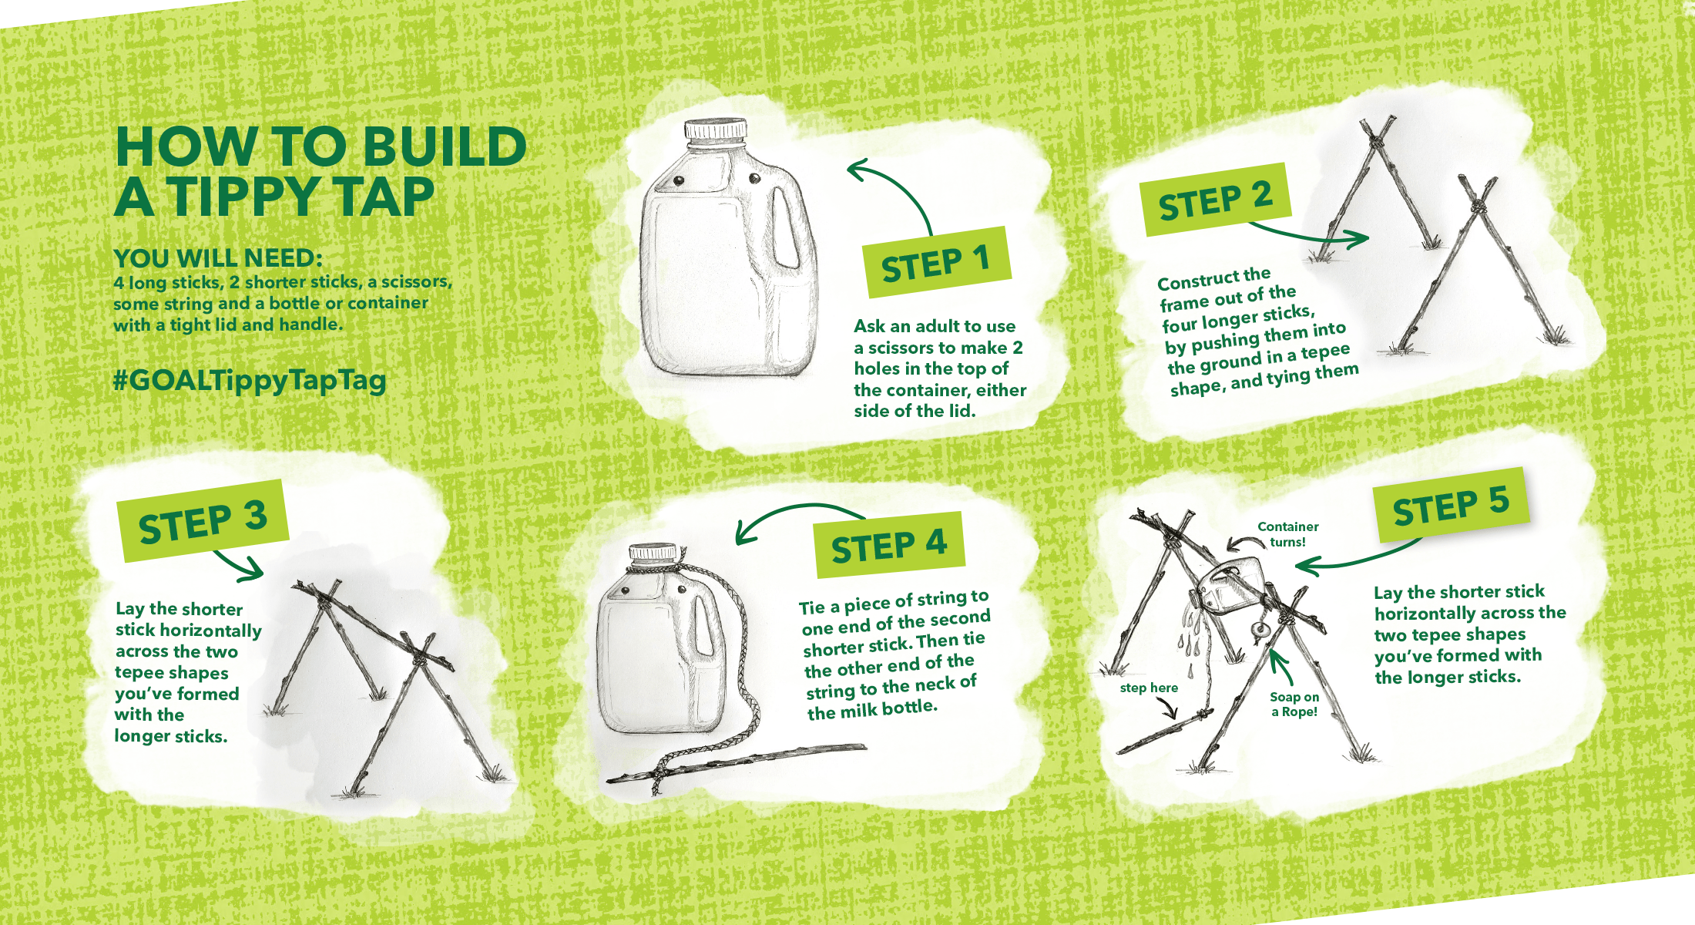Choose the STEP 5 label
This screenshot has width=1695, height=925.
tap(1451, 506)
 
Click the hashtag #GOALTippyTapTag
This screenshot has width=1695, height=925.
tap(250, 381)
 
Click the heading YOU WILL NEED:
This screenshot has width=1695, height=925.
tap(218, 257)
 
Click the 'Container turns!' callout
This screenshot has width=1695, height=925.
tap(1287, 534)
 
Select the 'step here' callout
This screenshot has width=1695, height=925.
tap(1149, 688)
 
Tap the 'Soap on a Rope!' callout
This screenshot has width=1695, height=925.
tap(1294, 704)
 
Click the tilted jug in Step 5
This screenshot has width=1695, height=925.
tap(1230, 588)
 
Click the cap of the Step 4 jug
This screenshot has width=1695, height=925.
tap(653, 552)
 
